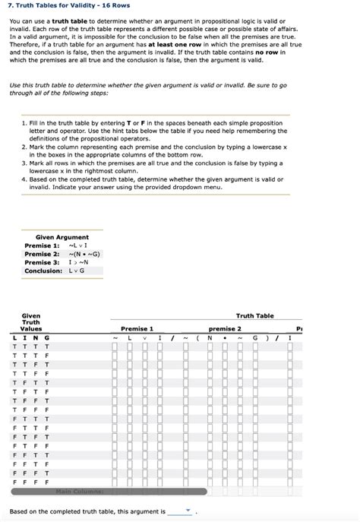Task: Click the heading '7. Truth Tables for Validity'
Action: click(x=59, y=5)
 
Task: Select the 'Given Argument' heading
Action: click(x=62, y=237)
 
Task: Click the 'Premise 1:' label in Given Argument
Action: click(x=42, y=245)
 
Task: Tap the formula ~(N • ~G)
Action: click(x=84, y=254)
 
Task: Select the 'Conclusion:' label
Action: click(x=44, y=270)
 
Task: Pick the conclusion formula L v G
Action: click(x=78, y=270)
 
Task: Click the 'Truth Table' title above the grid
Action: click(x=254, y=315)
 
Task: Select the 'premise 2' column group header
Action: click(x=223, y=328)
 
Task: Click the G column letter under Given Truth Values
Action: click(x=47, y=337)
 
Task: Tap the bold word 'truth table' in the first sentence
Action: click(x=68, y=21)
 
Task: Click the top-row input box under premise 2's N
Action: click(x=209, y=347)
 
